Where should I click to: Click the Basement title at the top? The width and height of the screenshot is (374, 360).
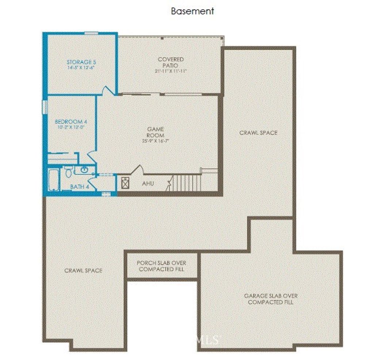(192, 11)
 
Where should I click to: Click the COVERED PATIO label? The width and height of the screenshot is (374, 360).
(171, 62)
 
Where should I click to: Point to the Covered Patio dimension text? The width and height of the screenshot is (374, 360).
(171, 71)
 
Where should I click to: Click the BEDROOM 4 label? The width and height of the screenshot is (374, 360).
(70, 122)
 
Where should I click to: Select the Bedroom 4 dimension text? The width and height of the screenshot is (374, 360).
(70, 127)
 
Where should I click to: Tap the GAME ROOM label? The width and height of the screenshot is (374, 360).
(155, 132)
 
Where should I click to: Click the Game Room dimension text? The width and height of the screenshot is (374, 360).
(155, 141)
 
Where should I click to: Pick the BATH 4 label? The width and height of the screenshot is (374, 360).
(80, 187)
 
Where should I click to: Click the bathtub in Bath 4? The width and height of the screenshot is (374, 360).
(54, 180)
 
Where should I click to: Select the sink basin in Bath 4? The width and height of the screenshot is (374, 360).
(84, 170)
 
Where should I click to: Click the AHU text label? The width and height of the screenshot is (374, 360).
(148, 183)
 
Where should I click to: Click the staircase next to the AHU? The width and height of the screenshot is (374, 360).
(186, 182)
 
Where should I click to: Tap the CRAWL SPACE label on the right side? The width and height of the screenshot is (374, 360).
(258, 133)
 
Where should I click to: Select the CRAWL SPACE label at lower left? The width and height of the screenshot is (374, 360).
(83, 270)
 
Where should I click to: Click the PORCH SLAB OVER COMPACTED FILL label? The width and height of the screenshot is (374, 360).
(161, 266)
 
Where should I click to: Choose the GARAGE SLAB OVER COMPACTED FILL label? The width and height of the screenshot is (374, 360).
(270, 299)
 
